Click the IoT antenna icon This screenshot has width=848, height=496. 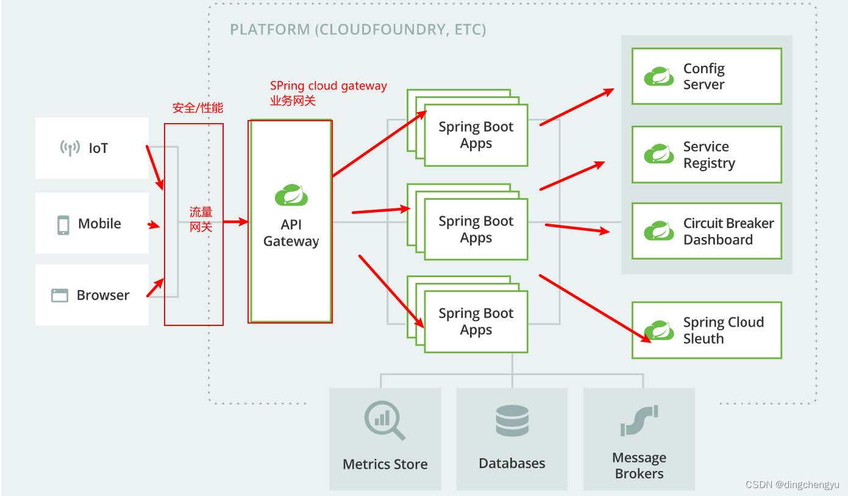pyautogui.click(x=70, y=148)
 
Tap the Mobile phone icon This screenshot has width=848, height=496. pyautogui.click(x=63, y=225)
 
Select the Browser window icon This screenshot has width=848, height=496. pyautogui.click(x=60, y=295)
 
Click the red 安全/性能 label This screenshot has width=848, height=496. pyautogui.click(x=198, y=108)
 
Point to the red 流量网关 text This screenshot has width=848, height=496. pyautogui.click(x=201, y=219)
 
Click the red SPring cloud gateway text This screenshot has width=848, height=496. pyautogui.click(x=329, y=86)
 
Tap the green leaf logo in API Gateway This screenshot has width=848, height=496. pyautogui.click(x=291, y=195)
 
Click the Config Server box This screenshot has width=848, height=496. pyautogui.click(x=707, y=76)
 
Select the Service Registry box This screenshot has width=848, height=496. pyautogui.click(x=707, y=154)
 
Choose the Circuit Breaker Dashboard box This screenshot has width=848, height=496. pyautogui.click(x=707, y=231)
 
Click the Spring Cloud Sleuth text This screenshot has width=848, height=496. pyautogui.click(x=724, y=330)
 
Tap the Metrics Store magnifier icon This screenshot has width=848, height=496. pyautogui.click(x=385, y=420)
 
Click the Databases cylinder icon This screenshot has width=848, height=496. pyautogui.click(x=512, y=420)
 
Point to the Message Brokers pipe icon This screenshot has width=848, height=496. pyautogui.click(x=640, y=420)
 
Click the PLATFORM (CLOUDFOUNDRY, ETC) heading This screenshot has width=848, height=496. pyautogui.click(x=358, y=29)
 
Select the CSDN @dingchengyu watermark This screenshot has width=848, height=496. pyautogui.click(x=793, y=484)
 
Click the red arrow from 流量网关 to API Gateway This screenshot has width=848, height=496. pyautogui.click(x=235, y=222)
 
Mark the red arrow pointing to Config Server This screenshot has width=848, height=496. pyautogui.click(x=577, y=107)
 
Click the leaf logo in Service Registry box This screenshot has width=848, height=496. pyautogui.click(x=659, y=154)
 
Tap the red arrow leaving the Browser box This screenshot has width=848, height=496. pyautogui.click(x=155, y=288)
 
